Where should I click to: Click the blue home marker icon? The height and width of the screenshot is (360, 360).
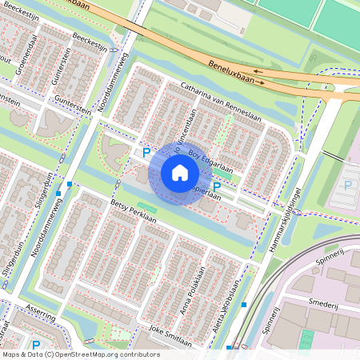pos(180,173)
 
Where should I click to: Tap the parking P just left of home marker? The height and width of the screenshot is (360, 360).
pos(146,152)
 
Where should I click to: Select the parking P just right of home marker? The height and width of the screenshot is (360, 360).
pos(216,187)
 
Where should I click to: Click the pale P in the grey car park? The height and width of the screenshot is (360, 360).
pos(347,185)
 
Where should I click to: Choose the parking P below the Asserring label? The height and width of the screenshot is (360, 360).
pos(36,346)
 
